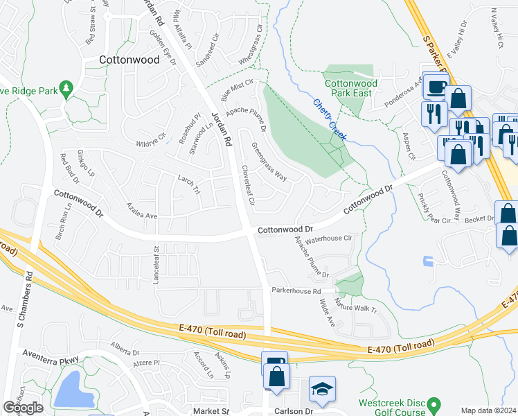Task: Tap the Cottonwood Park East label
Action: tap(351, 89)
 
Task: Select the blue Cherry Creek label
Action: tap(329, 118)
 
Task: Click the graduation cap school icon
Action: tap(322, 390)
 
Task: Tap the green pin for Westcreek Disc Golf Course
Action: tap(434, 404)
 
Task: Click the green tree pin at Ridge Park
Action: tap(66, 89)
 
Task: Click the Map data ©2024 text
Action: tap(488, 410)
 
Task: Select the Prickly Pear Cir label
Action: tap(434, 208)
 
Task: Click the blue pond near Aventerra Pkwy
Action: tap(73, 389)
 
